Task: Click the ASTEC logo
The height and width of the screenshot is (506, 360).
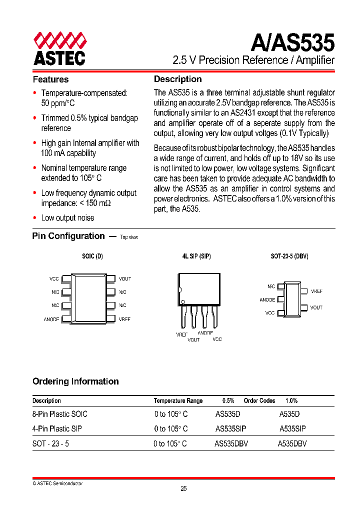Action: [59, 48]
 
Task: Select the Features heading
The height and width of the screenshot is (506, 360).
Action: [50, 79]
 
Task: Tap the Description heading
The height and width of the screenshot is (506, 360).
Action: [177, 79]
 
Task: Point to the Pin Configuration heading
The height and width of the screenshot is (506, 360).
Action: [68, 236]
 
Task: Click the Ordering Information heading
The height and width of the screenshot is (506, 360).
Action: [75, 381]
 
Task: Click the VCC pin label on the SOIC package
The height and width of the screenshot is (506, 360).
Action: [54, 278]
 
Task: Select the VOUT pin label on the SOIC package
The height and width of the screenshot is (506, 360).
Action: [124, 278]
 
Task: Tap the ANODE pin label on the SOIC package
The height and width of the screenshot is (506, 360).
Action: [51, 318]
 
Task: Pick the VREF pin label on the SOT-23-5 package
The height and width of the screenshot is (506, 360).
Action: [316, 291]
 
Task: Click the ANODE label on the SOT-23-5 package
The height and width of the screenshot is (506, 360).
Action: [267, 299]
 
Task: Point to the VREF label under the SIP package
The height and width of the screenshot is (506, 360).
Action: [182, 334]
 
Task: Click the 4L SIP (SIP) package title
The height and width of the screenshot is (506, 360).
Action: [196, 256]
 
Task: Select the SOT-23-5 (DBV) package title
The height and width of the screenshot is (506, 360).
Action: [289, 256]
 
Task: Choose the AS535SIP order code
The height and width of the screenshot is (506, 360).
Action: [230, 428]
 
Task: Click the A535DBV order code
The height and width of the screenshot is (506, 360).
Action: [292, 443]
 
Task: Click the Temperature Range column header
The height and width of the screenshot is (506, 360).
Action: [178, 401]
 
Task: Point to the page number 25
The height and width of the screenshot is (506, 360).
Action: [183, 489]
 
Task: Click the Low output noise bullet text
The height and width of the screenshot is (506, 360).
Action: [67, 217]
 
